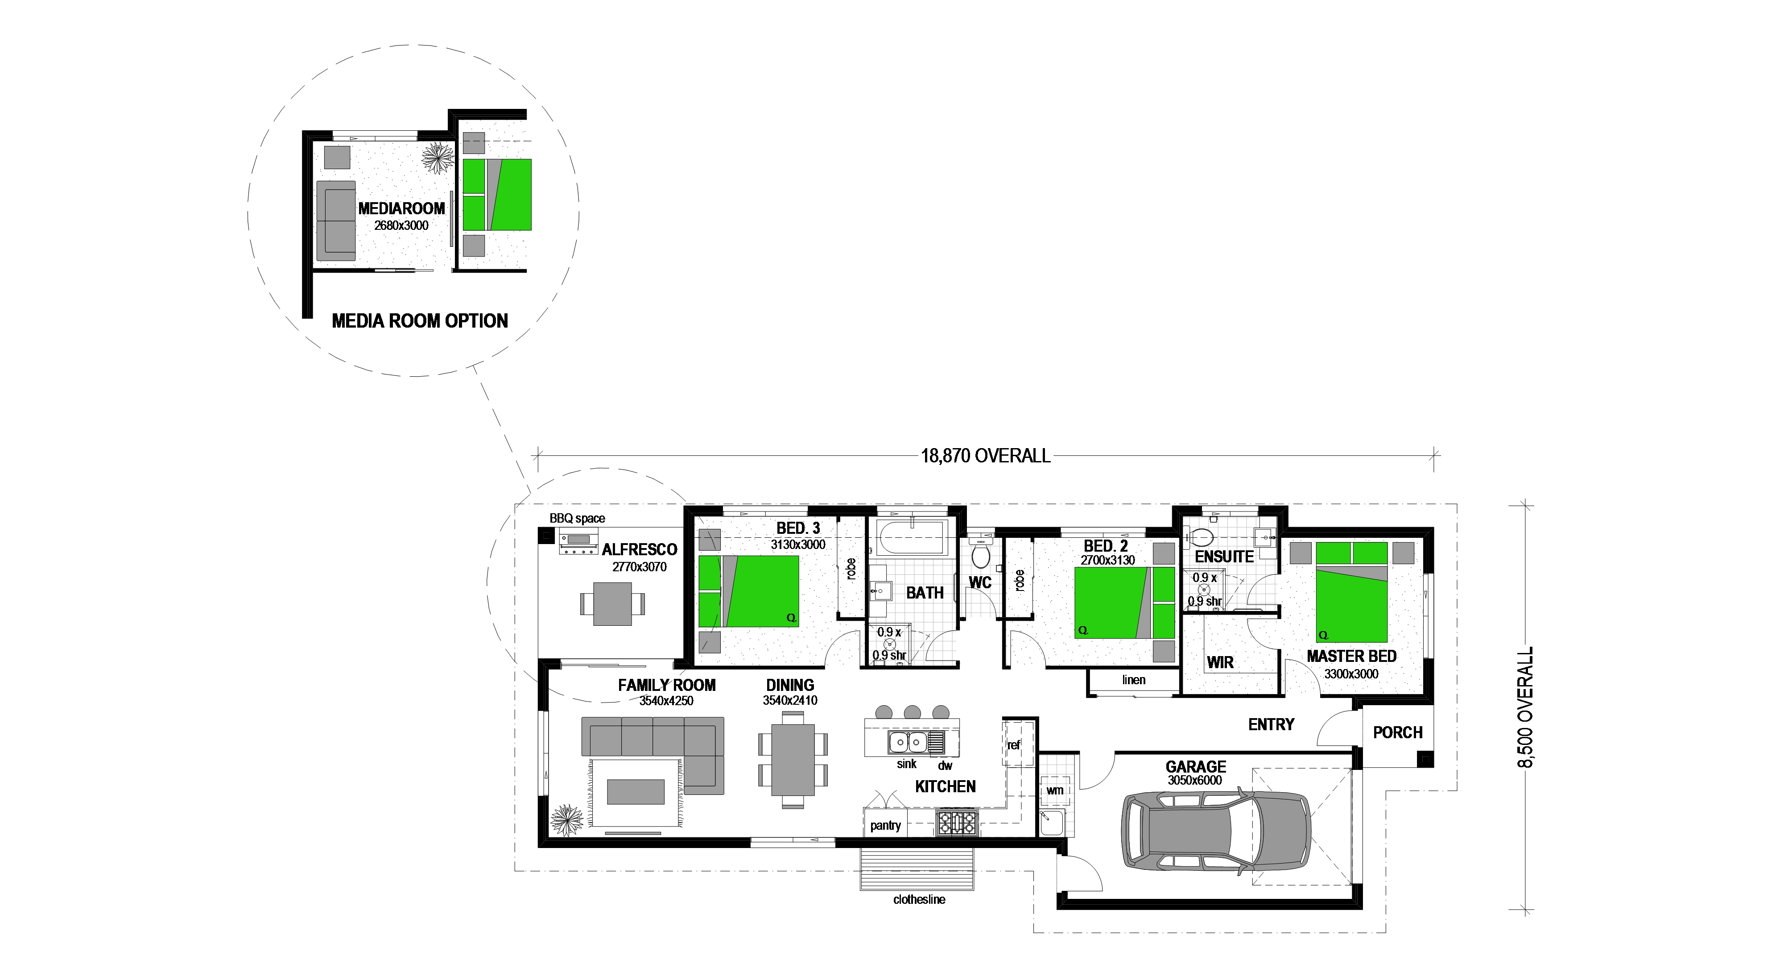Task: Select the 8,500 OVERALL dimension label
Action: coord(1526,707)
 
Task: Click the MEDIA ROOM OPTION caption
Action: coord(420,321)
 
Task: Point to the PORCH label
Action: coord(1398,732)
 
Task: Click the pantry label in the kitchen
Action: coord(885,825)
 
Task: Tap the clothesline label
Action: coord(919,899)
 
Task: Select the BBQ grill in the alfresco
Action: coord(579,543)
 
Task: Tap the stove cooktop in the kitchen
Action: coord(956,823)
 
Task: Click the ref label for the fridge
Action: coord(1014,745)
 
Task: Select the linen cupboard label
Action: coord(1134,680)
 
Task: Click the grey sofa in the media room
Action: coord(336,220)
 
